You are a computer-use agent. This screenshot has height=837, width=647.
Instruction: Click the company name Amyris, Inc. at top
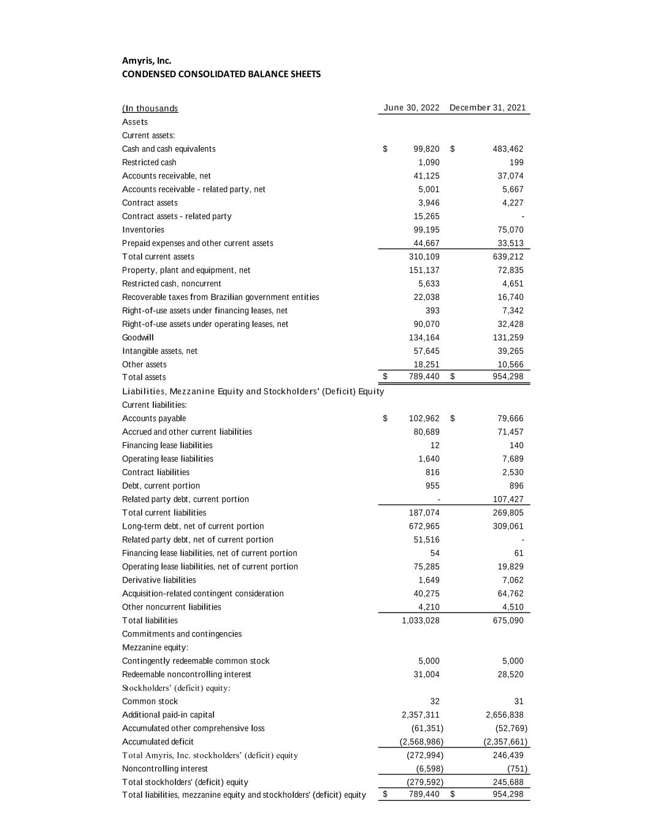[x=147, y=61]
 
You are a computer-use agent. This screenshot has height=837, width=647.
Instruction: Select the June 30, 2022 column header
[x=412, y=108]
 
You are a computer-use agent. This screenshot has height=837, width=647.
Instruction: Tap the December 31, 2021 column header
[x=488, y=108]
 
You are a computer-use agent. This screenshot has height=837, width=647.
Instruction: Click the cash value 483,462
[x=508, y=149]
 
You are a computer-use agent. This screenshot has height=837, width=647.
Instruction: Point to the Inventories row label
[x=143, y=230]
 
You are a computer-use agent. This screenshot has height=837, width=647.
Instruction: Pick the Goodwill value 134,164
[x=424, y=338]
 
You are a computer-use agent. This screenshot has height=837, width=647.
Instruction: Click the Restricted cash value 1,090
[x=429, y=162]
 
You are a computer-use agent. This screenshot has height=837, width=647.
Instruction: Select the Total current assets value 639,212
[x=508, y=257]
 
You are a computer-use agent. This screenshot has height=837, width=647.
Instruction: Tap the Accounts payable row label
[x=154, y=419]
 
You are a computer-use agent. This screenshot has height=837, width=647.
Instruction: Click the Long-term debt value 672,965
[x=424, y=526]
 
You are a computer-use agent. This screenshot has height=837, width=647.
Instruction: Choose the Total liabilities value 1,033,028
[x=421, y=621]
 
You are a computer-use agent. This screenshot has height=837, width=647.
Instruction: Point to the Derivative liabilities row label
[x=159, y=580]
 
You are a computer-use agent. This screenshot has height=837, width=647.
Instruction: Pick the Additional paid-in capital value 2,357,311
[x=421, y=715]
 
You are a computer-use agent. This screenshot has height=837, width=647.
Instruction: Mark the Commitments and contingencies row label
[x=182, y=634]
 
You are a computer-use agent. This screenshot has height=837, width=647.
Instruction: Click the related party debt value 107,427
[x=508, y=499]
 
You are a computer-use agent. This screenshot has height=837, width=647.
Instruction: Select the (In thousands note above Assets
[x=150, y=109]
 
